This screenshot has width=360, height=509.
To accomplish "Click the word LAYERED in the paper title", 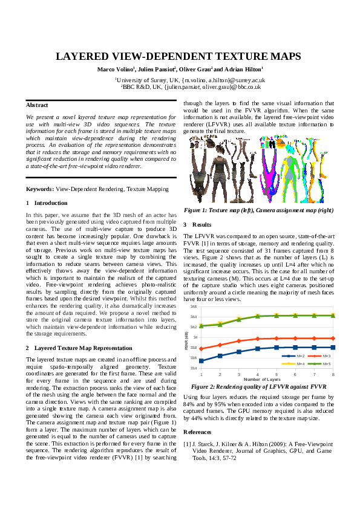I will coord(83,57).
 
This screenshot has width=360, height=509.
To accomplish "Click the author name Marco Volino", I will coord(114,69).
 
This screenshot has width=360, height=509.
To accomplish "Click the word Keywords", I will coord(40,189).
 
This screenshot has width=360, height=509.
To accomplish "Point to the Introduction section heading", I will coord(51,203).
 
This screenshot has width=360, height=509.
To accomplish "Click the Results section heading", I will coord(201,224).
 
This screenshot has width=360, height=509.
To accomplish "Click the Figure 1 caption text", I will coord(258,210).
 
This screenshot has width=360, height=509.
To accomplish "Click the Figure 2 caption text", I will coord(258,386).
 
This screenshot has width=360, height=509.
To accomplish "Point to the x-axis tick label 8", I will coord(333,375).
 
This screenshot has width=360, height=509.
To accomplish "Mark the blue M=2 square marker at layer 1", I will coord(201,361).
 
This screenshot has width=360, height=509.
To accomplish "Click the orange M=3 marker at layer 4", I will coord(258,339).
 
